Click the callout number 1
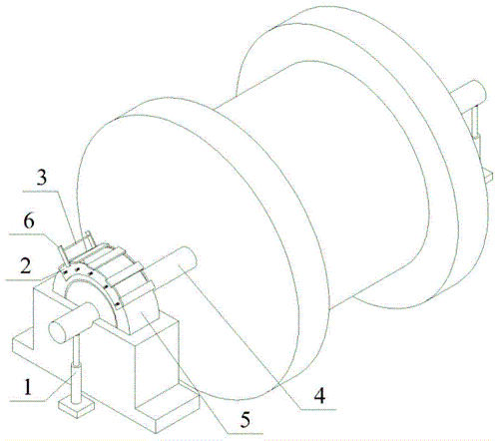pos(28,386)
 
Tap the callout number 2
pos(26,266)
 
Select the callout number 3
pos(42,178)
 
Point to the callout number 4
pos(319,396)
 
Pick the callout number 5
pos(246,420)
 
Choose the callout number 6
pos(29,221)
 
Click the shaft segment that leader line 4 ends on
pos(177,266)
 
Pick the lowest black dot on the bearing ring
pos(117,304)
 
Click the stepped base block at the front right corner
pos(168,392)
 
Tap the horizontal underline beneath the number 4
pos(318,409)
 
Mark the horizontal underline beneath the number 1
pos(27,401)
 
